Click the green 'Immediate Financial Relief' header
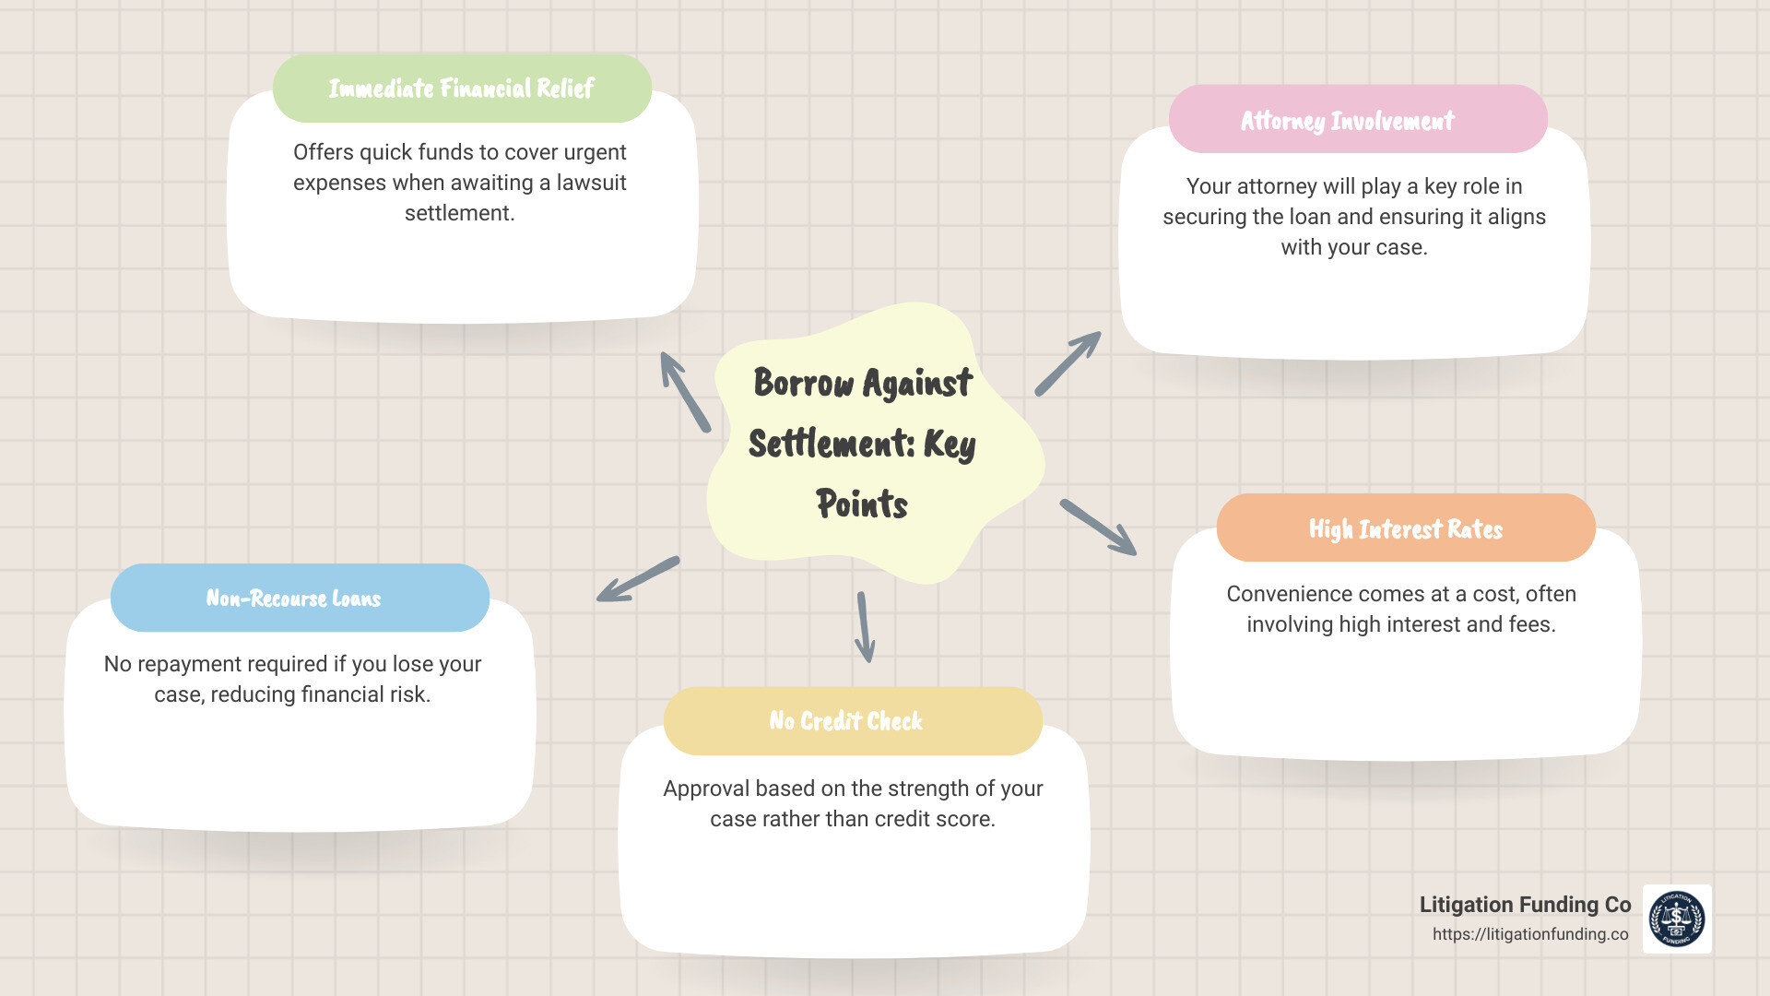click(x=462, y=89)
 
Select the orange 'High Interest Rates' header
click(x=1405, y=528)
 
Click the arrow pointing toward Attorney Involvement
click(x=1068, y=363)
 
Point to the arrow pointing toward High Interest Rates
click(x=1098, y=528)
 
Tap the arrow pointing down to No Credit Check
click(x=865, y=627)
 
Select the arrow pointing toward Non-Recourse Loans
click(x=637, y=580)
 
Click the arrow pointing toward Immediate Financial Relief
click(x=685, y=392)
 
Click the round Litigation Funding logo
click(x=1677, y=919)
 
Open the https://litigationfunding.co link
click(x=1530, y=934)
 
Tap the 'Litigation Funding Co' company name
click(x=1525, y=905)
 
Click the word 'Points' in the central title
click(x=862, y=504)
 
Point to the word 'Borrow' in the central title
click(x=804, y=383)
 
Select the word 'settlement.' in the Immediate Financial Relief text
click(x=459, y=213)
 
